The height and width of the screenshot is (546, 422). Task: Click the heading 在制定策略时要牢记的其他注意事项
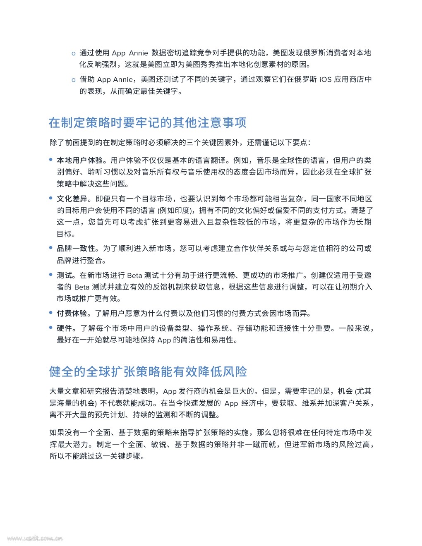point(148,123)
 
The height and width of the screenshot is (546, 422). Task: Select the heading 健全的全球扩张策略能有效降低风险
point(148,371)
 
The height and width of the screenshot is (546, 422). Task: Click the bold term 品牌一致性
point(76,249)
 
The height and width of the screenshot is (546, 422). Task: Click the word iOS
point(325,79)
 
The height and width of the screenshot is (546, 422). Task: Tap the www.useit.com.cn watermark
point(35,538)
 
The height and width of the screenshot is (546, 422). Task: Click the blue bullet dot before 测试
point(51,275)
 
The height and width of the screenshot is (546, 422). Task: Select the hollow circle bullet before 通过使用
point(73,53)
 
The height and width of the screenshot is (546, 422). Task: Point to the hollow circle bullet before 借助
point(73,80)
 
